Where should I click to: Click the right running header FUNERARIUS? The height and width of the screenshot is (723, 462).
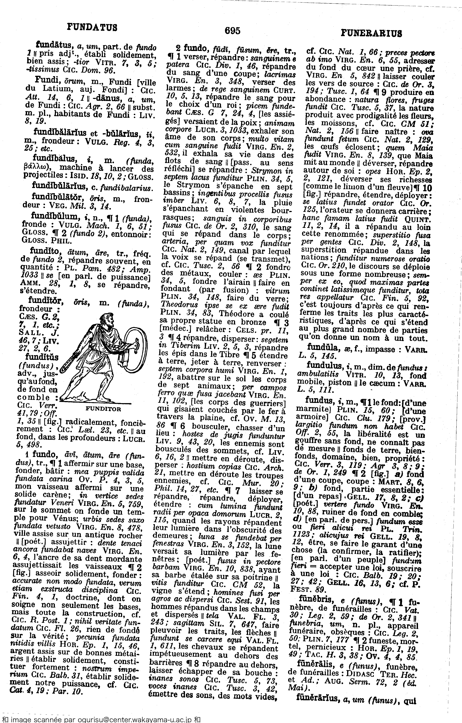(371, 33)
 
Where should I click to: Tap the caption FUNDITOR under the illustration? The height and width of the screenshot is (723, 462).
(103, 409)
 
